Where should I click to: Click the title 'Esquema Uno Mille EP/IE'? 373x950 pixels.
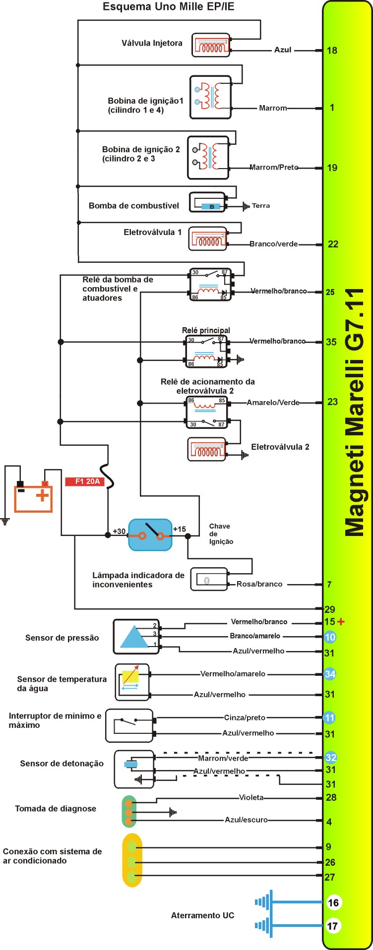[x=168, y=7]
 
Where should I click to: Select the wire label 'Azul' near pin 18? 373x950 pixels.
[x=283, y=50]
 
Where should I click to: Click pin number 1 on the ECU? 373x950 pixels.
[x=332, y=108]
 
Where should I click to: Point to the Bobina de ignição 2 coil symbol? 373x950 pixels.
[x=208, y=157]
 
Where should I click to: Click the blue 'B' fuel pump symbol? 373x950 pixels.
[x=211, y=206]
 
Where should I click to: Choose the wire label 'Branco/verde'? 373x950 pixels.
[x=274, y=244]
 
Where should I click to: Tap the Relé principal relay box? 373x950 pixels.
[x=206, y=352]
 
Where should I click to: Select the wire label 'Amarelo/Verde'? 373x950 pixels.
[x=273, y=403]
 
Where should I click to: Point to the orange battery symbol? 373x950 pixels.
[x=34, y=496]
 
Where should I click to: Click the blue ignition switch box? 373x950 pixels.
[x=150, y=535]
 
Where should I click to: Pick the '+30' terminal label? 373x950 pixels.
[x=119, y=531]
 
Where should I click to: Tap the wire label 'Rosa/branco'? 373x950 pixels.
[x=259, y=585]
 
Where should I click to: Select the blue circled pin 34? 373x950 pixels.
[x=330, y=674]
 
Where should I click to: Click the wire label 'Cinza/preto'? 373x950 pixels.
[x=245, y=718]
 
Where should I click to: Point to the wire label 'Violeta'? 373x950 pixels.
[x=251, y=798]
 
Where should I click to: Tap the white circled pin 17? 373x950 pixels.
[x=333, y=926]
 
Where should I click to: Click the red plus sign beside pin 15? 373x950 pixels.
[x=341, y=622]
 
